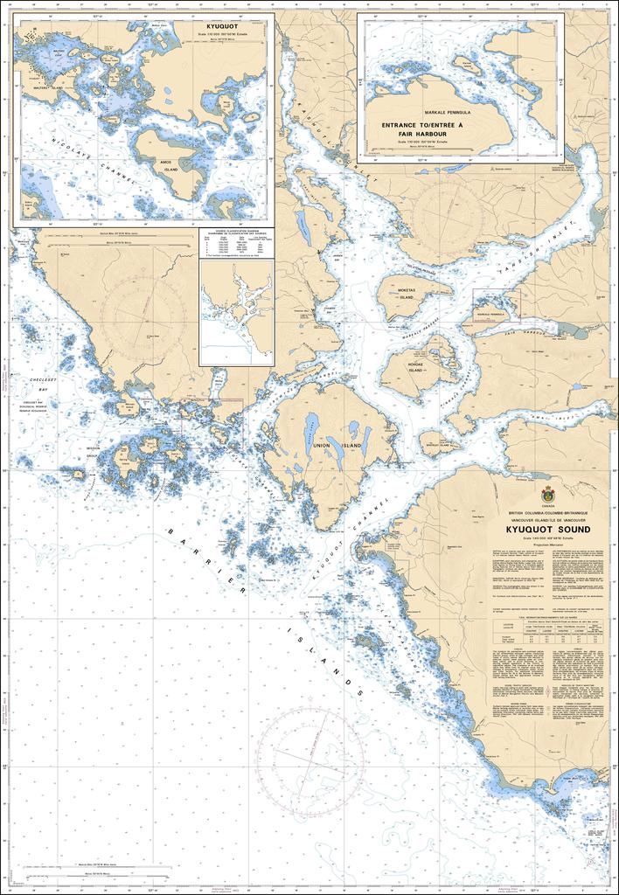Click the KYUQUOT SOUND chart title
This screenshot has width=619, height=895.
pyautogui.click(x=547, y=530)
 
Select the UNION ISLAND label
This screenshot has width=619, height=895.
pyautogui.click(x=325, y=446)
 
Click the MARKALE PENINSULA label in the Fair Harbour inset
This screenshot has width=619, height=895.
pyautogui.click(x=447, y=113)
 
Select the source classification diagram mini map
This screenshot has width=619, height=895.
pyautogui.click(x=235, y=311)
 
